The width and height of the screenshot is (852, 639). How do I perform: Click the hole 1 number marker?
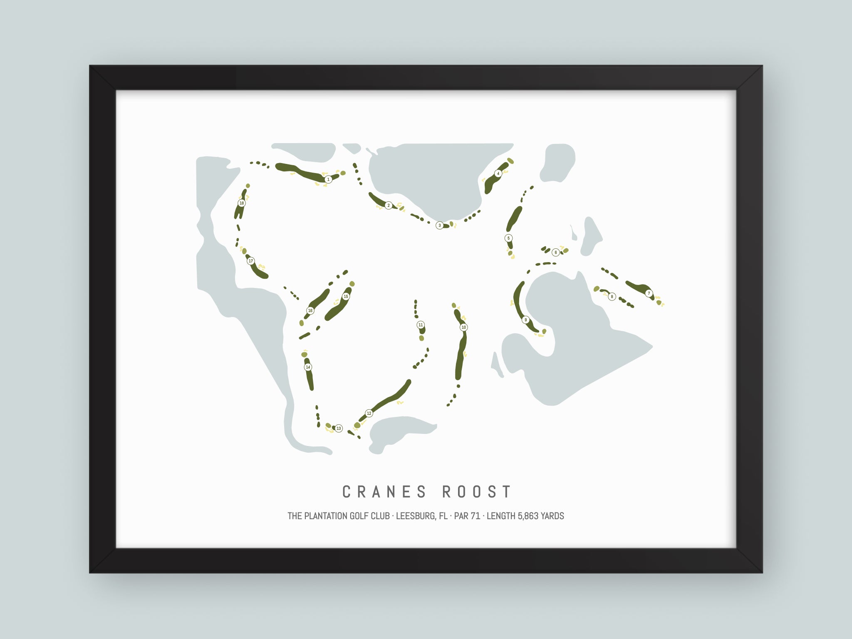click(x=328, y=179)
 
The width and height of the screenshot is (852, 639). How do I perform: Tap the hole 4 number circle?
click(x=498, y=173)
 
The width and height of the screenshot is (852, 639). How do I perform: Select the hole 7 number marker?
click(x=649, y=293)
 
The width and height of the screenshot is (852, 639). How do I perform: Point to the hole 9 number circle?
click(x=525, y=320)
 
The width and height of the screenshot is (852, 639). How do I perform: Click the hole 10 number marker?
click(x=463, y=327)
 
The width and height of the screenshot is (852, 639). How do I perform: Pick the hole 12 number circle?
click(x=369, y=413)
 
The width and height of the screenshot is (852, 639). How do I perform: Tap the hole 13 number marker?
click(x=339, y=428)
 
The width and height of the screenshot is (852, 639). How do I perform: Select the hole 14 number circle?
click(x=308, y=367)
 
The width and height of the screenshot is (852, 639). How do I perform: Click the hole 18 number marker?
click(x=241, y=203)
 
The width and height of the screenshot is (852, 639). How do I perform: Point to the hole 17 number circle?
click(x=250, y=261)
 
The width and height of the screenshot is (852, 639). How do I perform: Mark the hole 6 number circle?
click(x=555, y=253)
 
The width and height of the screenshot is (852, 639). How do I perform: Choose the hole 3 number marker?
click(x=439, y=225)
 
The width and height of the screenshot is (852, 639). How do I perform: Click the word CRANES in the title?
click(x=384, y=492)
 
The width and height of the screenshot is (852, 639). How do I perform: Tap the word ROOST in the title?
click(x=477, y=492)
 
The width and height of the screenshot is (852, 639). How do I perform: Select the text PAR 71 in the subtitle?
click(x=467, y=516)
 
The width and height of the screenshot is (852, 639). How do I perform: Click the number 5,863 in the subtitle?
click(x=529, y=516)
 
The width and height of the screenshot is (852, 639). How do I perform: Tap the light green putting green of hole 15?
click(x=352, y=284)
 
